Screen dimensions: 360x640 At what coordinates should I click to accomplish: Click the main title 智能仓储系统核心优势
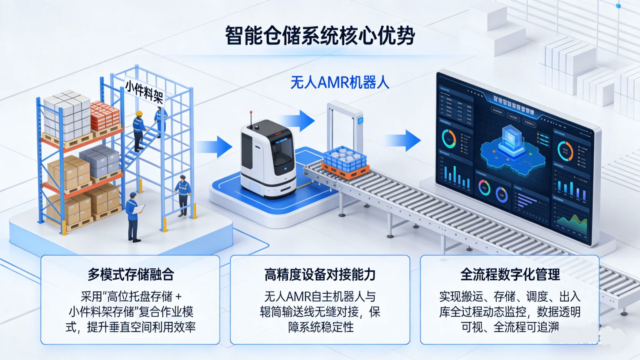(x=320, y=36)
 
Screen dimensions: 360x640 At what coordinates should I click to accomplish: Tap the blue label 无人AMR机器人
(x=340, y=82)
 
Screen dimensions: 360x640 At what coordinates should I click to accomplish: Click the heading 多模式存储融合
(x=130, y=275)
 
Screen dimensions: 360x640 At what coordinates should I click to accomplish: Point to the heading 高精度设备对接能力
(x=320, y=275)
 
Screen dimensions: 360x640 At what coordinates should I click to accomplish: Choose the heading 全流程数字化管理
(x=510, y=275)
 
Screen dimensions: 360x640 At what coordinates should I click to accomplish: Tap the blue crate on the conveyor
(x=345, y=159)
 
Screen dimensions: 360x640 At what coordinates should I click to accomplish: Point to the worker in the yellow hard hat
(x=138, y=129)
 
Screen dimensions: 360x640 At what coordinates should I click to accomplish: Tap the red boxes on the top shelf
(x=105, y=115)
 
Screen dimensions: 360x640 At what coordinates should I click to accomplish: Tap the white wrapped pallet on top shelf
(x=67, y=115)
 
